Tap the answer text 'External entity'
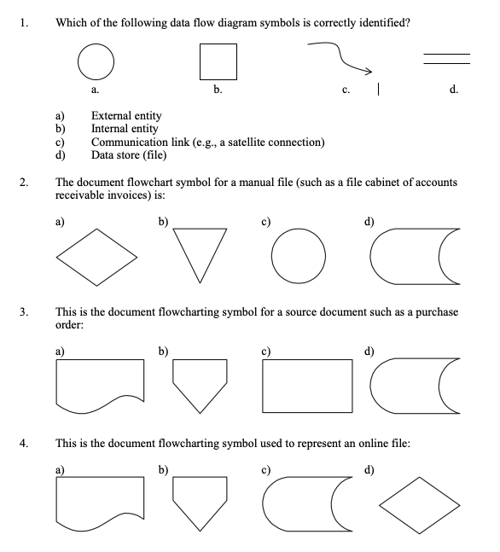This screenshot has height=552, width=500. click(126, 116)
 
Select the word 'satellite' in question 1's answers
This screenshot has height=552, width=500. click(248, 142)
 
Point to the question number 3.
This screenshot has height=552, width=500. click(26, 313)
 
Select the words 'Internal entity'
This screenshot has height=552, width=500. click(125, 129)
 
